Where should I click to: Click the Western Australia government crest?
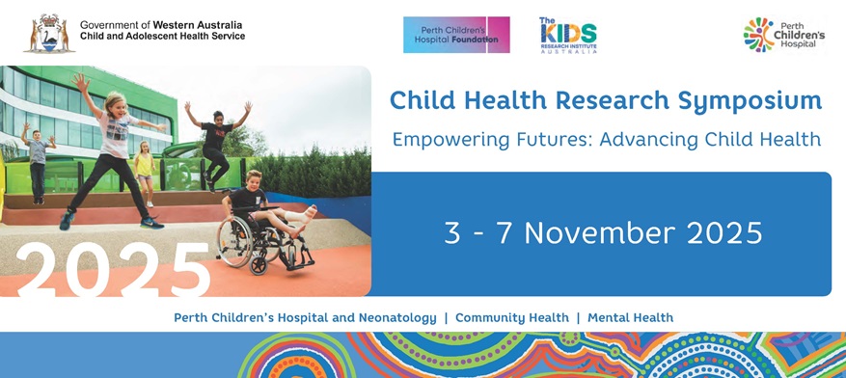click(x=49, y=34)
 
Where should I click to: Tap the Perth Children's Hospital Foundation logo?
click(x=456, y=35)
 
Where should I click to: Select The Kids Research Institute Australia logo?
click(x=568, y=36)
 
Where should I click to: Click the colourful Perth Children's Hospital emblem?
click(x=758, y=35)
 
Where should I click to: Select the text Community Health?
click(x=512, y=318)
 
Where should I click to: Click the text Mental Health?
click(x=630, y=318)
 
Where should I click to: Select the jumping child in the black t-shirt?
click(x=217, y=143)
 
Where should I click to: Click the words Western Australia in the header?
click(x=198, y=25)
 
